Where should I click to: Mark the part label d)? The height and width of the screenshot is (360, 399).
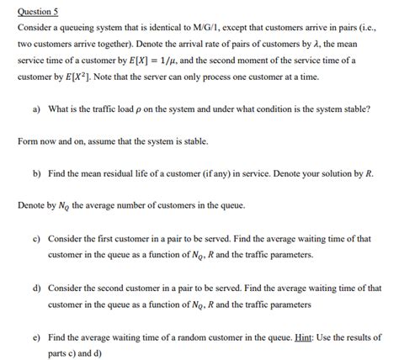[x=38, y=289]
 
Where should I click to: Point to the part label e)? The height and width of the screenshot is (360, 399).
[x=38, y=337]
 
